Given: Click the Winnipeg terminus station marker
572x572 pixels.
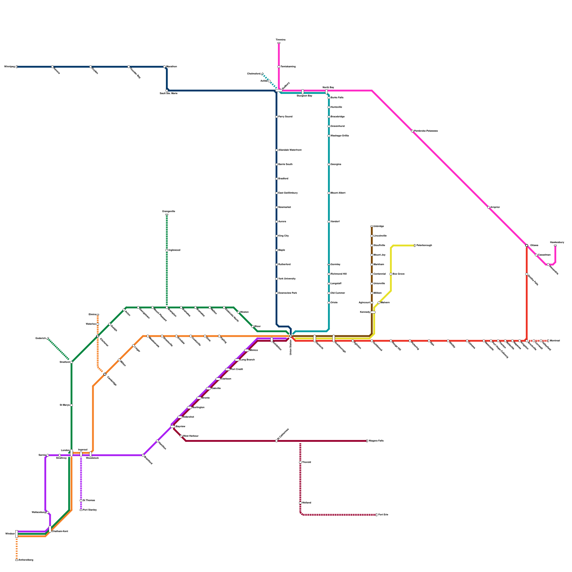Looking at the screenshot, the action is [16, 67].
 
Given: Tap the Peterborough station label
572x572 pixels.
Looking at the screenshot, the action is [424, 246].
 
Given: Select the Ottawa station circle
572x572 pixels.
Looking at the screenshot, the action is [527, 245].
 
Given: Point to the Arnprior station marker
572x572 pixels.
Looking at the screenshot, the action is [489, 207].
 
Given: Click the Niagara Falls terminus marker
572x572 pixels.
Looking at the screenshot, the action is [367, 441].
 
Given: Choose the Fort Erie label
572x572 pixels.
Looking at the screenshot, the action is [383, 515].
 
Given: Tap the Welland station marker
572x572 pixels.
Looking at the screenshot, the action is [300, 503].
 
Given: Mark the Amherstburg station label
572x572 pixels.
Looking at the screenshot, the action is [26, 560].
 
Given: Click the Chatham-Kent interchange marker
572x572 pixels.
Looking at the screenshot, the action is [50, 529].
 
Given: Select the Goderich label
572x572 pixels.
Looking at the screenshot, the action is [40, 338].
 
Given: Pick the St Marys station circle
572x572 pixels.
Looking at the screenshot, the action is [71, 405].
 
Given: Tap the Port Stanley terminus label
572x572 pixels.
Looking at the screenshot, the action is [90, 510].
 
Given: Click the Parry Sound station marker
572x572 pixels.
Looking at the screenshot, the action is [276, 117].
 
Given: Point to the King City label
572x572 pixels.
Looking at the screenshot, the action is [283, 236].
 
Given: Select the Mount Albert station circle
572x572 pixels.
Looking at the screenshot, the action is [329, 193].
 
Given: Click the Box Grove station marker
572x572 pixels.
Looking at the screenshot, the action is [391, 274].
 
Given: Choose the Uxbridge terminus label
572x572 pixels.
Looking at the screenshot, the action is [379, 226].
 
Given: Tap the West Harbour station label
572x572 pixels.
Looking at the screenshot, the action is [191, 436].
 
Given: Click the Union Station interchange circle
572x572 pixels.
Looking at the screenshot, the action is [291, 336].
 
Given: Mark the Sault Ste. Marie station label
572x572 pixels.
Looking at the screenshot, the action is [168, 94].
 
